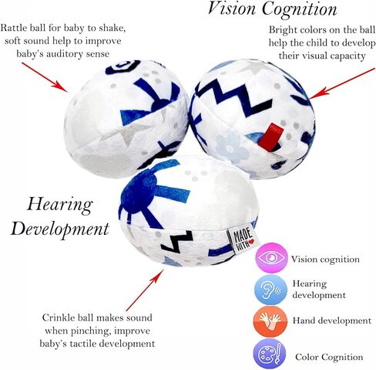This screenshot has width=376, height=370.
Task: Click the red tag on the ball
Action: (x=270, y=135)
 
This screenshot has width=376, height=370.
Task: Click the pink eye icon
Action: (x=271, y=258)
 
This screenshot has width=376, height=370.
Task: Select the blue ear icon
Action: (x=270, y=290)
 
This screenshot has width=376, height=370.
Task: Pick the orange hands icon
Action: (x=270, y=321)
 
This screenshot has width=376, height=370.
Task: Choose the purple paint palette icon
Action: (x=270, y=355)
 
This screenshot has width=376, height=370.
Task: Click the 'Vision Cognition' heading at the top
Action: (x=272, y=8)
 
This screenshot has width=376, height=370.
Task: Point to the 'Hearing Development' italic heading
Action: (x=60, y=216)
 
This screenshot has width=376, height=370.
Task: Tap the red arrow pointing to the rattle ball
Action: (x=45, y=77)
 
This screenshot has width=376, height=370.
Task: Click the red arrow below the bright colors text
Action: (x=342, y=83)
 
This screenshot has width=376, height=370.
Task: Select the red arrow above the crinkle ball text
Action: (x=145, y=290)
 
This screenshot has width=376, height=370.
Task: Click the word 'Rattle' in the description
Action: (x=14, y=28)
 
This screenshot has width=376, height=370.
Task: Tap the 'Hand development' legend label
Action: (x=332, y=321)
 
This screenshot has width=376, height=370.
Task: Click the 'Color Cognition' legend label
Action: (x=329, y=358)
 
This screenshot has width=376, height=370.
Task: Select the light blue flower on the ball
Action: (x=232, y=147)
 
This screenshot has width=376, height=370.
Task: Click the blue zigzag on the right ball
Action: (x=233, y=100)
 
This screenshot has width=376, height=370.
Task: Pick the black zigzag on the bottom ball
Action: (x=176, y=242)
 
